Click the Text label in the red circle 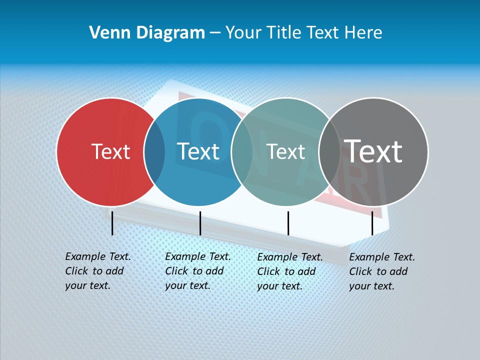click(110, 151)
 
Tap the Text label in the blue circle click(198, 151)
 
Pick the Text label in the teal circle click(285, 151)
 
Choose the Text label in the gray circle click(373, 151)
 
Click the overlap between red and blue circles click(155, 151)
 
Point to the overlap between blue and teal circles click(242, 151)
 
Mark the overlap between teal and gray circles click(329, 151)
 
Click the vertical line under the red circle click(112, 223)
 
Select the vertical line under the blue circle click(200, 223)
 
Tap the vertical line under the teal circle click(288, 223)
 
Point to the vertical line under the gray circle click(372, 223)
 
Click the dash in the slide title click(215, 33)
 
